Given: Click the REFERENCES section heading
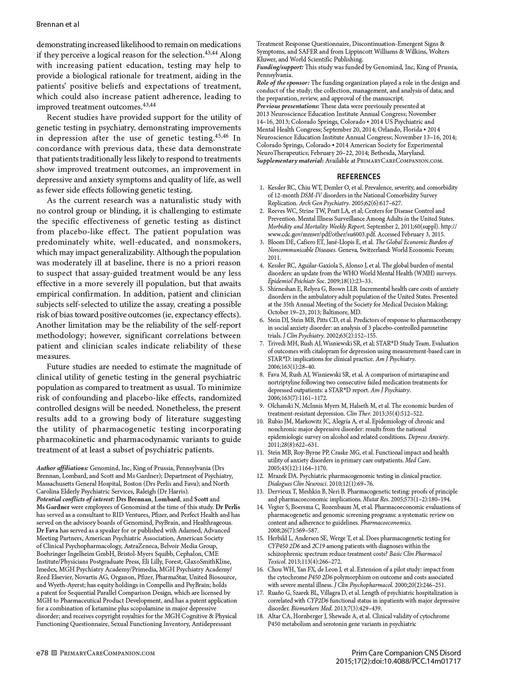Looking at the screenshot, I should pos(358,177).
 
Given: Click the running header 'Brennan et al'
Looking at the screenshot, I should pos(58,24).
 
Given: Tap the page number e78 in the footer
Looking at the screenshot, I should pos(42,653).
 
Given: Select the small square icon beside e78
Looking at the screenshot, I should pos(54,653).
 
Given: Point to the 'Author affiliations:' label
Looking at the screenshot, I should pos(63,468).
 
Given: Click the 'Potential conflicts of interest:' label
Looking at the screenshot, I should pos(75,499).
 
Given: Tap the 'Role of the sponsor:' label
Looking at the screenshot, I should pos(283,83).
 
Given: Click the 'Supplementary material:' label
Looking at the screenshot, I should pos(290,161).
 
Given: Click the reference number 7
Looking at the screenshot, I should pos(262,343).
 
